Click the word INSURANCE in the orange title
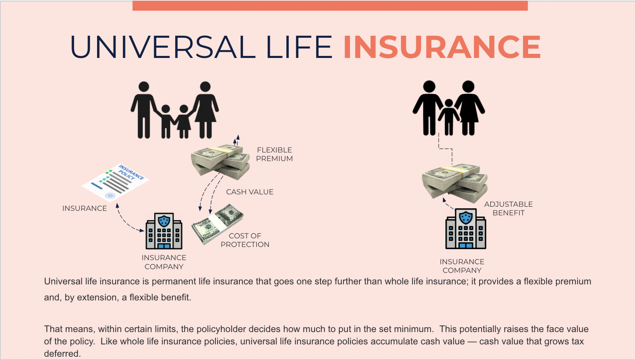(442, 47)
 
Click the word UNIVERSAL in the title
(163, 47)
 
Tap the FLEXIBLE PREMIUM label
(274, 155)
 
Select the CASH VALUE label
(250, 192)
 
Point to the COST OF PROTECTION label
(245, 240)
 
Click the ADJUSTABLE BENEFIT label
(508, 208)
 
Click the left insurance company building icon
(164, 231)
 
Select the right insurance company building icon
(466, 229)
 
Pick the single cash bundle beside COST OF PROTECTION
(217, 224)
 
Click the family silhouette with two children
(174, 110)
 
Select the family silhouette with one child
(449, 108)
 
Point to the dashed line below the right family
(446, 148)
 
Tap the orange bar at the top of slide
(330, 5)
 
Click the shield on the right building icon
(466, 217)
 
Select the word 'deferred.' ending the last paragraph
(62, 353)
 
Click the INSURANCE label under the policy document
(84, 208)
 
